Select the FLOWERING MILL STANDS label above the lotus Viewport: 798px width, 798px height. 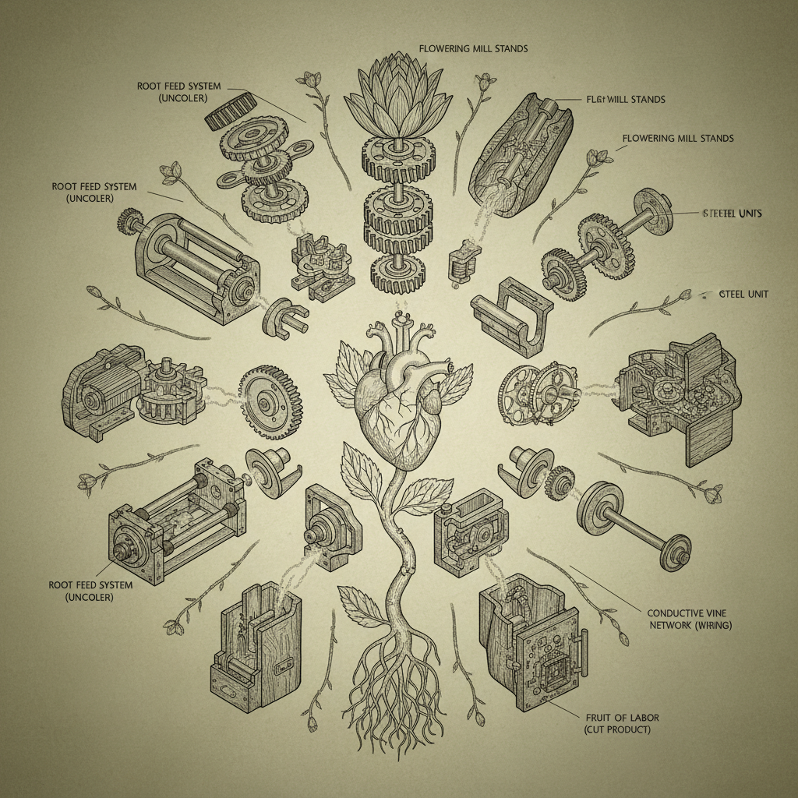[x=473, y=48]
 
